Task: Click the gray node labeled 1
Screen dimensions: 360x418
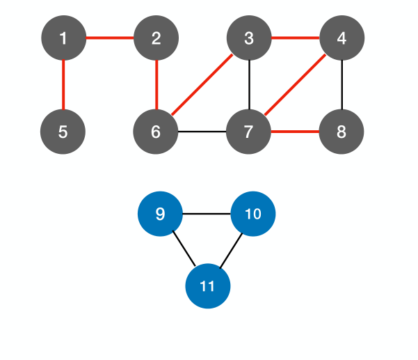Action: [63, 38]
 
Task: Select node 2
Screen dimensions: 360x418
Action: [156, 38]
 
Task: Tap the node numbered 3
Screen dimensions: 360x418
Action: [249, 38]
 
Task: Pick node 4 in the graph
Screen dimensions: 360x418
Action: [341, 38]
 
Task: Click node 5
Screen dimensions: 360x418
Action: [63, 131]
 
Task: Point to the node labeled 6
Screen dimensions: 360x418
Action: [156, 131]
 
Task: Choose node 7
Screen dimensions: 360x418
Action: [249, 131]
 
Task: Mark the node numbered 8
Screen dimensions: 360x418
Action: [341, 131]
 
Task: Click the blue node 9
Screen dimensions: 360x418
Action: [160, 214]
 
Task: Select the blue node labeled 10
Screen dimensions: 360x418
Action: [253, 214]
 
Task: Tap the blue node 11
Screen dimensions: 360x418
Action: [207, 286]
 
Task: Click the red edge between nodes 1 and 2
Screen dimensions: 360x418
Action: [109, 38]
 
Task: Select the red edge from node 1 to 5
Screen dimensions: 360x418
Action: [63, 84]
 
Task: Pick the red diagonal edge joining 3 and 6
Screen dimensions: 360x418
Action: [202, 84]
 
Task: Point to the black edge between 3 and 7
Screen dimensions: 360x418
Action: [249, 84]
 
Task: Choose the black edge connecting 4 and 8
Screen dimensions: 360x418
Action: [341, 84]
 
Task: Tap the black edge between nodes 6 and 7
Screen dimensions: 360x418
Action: [202, 131]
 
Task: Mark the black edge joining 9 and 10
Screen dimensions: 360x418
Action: [207, 214]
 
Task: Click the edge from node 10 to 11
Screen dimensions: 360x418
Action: [231, 249]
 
